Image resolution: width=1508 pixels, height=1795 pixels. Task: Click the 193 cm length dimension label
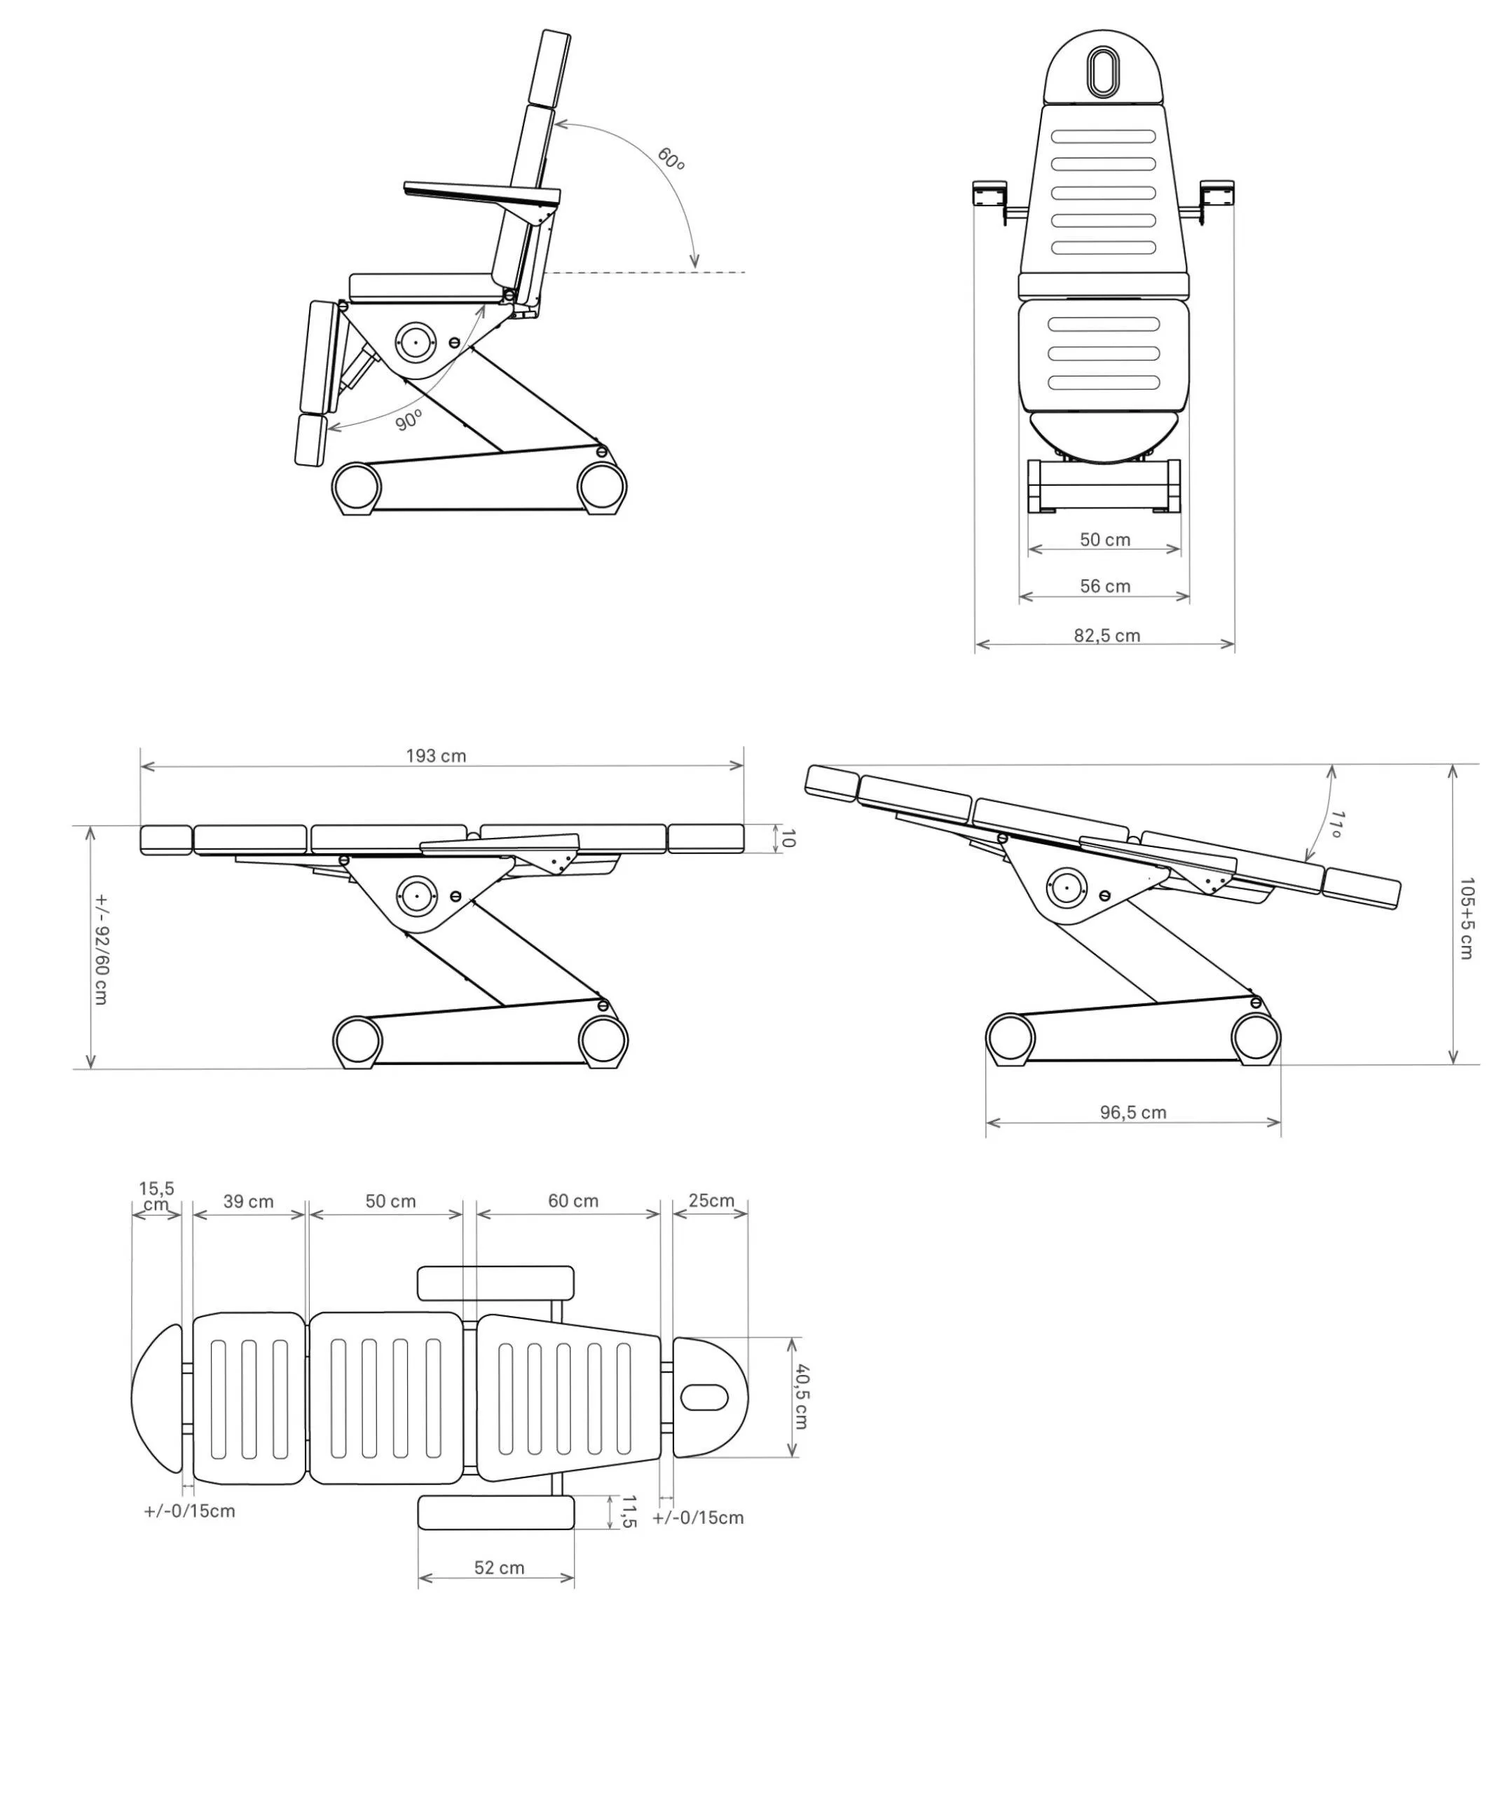pyautogui.click(x=436, y=756)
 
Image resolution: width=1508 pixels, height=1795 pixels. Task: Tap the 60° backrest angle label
pyautogui.click(x=671, y=159)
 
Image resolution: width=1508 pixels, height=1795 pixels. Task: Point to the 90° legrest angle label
pyautogui.click(x=409, y=421)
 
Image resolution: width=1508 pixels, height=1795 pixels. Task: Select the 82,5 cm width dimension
pyautogui.click(x=1106, y=635)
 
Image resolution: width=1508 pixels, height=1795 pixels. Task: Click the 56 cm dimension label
pyautogui.click(x=1104, y=587)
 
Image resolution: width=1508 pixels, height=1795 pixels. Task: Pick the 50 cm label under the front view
pyautogui.click(x=1104, y=540)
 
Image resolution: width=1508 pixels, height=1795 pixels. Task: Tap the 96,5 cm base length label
pyautogui.click(x=1132, y=1113)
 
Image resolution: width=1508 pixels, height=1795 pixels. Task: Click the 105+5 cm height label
pyautogui.click(x=1467, y=918)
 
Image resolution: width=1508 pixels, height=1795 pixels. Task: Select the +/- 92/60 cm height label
pyautogui.click(x=101, y=949)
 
